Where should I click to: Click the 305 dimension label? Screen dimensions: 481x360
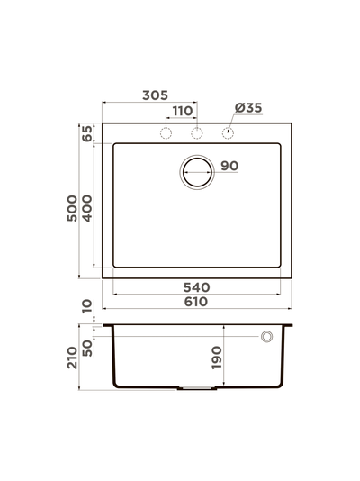coord(154,95)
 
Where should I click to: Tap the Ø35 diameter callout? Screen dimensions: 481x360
coord(247,108)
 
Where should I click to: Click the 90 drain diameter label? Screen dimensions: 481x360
coord(229,166)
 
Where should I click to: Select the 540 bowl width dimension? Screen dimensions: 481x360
coord(196,287)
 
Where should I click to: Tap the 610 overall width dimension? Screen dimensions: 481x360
coord(196,302)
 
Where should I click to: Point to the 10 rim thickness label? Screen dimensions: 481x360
coord(87,308)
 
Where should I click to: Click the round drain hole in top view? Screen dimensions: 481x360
coord(196,171)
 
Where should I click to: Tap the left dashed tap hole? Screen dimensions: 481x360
coord(165,134)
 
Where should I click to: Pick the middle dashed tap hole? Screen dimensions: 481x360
coord(196,134)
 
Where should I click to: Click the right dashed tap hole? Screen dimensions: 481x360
coord(228,134)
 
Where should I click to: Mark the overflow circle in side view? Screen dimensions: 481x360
coord(266,337)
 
